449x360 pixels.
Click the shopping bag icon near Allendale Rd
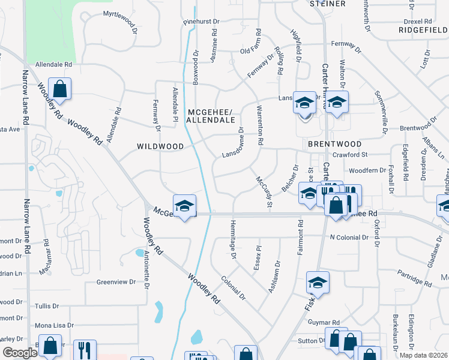click(60, 89)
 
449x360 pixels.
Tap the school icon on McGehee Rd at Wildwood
click(184, 206)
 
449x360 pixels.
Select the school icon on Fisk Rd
click(318, 283)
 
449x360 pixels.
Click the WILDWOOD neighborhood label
click(160, 146)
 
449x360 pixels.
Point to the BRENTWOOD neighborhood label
click(334, 144)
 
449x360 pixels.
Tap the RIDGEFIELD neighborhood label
click(423, 29)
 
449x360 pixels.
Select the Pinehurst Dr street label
click(202, 22)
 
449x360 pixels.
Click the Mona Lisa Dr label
click(54, 325)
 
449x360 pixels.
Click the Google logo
click(19, 353)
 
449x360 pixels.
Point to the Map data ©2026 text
click(424, 355)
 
